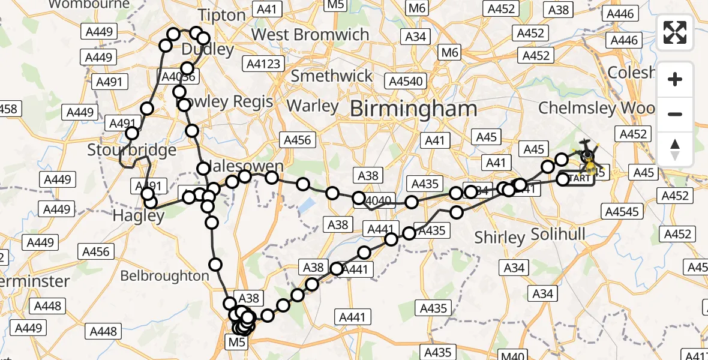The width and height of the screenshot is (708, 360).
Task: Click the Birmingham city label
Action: pyautogui.click(x=413, y=109)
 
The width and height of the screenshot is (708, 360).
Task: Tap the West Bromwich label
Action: pyautogui.click(x=310, y=34)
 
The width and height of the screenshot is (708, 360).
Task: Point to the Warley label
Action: pyautogui.click(x=313, y=106)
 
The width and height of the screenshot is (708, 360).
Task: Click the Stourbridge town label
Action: pyautogui.click(x=132, y=149)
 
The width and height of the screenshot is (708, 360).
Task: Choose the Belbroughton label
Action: pyautogui.click(x=164, y=275)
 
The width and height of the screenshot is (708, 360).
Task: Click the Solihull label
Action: pyautogui.click(x=558, y=234)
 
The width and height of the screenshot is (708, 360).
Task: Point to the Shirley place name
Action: pyautogui.click(x=499, y=238)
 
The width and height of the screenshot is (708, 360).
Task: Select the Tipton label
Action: pyautogui.click(x=222, y=15)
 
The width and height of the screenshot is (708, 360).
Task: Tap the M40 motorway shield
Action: pyautogui.click(x=512, y=355)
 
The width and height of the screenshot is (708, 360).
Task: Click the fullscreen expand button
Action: pyautogui.click(x=675, y=32)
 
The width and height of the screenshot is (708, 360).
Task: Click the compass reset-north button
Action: pyautogui.click(x=675, y=149)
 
